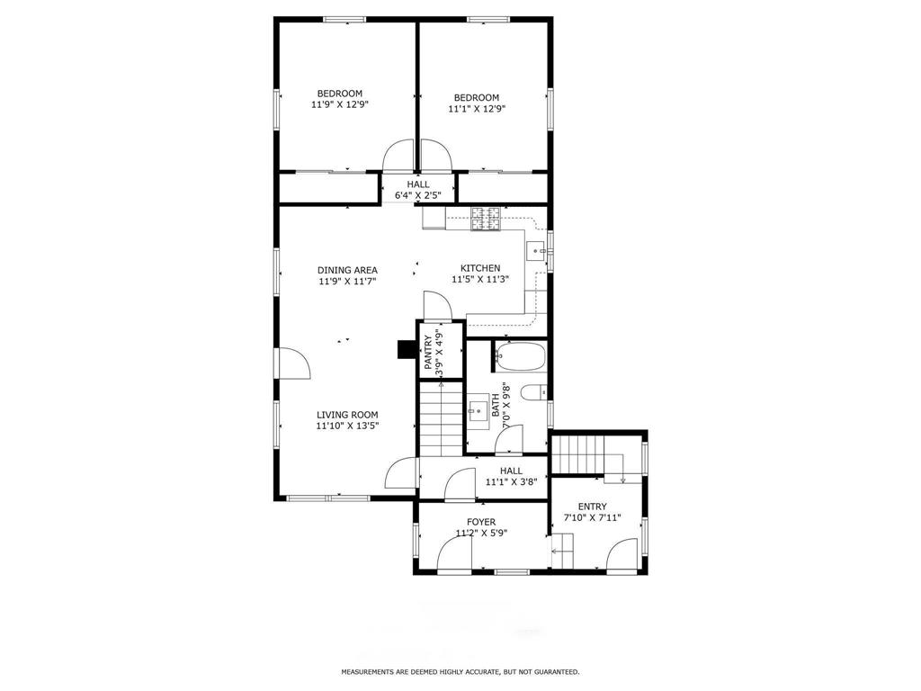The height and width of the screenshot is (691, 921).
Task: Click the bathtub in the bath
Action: pos(520,356)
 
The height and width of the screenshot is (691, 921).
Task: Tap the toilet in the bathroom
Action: pos(534,392)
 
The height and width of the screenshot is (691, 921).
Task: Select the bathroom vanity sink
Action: pos(477,408)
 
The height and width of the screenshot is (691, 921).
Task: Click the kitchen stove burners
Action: pos(485,219)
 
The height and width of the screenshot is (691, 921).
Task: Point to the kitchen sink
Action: pos(536,251)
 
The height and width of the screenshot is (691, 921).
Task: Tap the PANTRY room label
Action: pos(428,353)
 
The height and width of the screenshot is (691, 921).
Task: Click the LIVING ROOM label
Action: pos(347,415)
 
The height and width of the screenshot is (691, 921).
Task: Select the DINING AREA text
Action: pos(347,270)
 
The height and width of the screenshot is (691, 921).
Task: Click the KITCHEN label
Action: pos(480,268)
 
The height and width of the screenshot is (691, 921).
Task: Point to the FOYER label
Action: pos(481,522)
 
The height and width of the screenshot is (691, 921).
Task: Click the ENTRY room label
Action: pos(592,507)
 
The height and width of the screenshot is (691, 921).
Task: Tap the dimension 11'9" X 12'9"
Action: pos(339,104)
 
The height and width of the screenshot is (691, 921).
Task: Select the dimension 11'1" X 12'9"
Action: pos(477,109)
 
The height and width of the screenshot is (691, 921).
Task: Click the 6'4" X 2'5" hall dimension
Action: pos(417,195)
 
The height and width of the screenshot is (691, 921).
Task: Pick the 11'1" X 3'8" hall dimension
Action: pos(511,482)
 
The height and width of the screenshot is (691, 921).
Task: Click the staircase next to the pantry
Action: pos(441,418)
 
